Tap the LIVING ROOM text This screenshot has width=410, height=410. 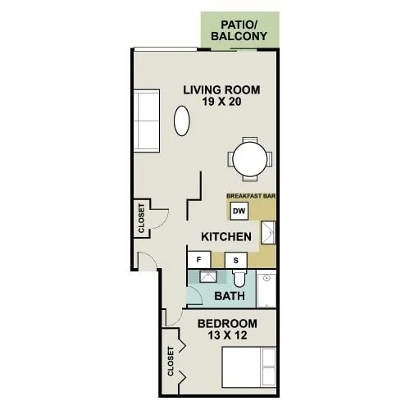tap(221, 89)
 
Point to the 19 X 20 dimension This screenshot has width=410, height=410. tap(221, 103)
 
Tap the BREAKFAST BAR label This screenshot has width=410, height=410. tap(251, 197)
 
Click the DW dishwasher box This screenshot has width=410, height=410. tap(239, 212)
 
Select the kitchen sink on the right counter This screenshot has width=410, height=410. tap(268, 235)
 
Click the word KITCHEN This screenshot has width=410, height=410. tap(225, 236)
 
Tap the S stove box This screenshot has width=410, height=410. tap(237, 260)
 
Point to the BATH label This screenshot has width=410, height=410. tap(228, 296)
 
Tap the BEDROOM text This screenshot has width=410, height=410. tap(227, 324)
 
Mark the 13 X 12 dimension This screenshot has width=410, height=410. tap(227, 337)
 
